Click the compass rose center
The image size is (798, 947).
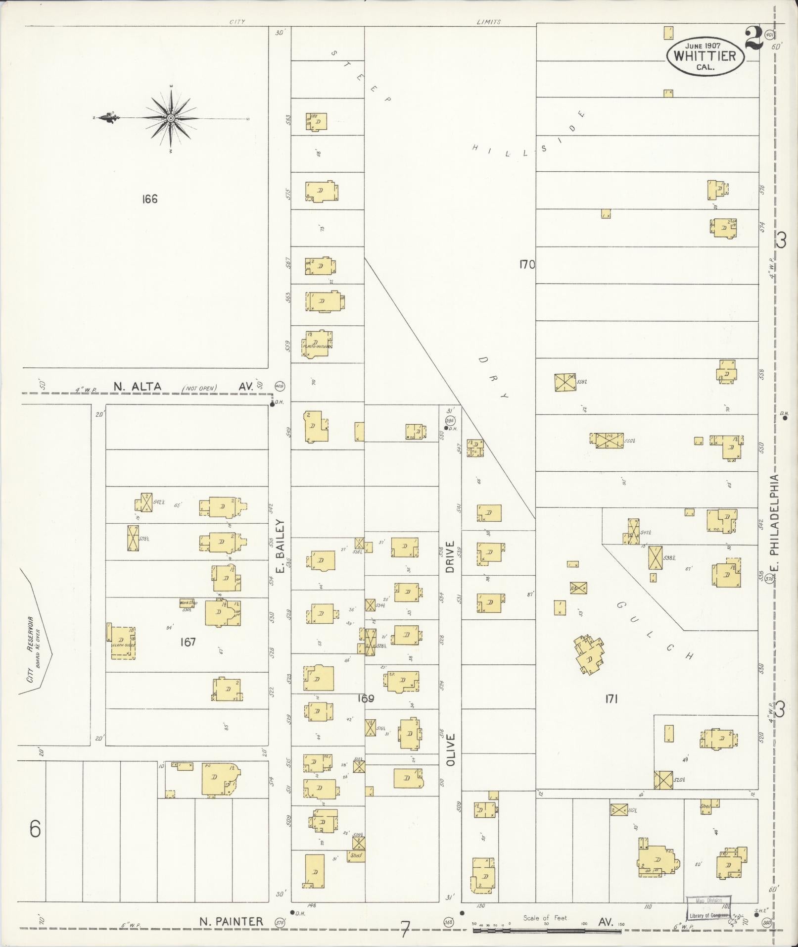tap(171, 118)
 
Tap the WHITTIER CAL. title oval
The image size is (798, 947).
tap(704, 56)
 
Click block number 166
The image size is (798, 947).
tap(149, 199)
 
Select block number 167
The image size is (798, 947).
tap(188, 642)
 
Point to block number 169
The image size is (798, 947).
tap(365, 698)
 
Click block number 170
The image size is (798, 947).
tap(527, 264)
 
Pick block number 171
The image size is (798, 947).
tap(611, 699)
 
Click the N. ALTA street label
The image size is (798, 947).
tap(137, 387)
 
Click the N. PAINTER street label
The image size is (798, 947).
tap(231, 921)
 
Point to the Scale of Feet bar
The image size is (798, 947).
tap(547, 931)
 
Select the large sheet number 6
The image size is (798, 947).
tap(35, 829)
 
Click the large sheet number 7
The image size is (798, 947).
tap(405, 929)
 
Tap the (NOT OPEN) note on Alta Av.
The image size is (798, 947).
tap(199, 388)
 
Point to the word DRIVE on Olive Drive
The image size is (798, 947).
tap(450, 557)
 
